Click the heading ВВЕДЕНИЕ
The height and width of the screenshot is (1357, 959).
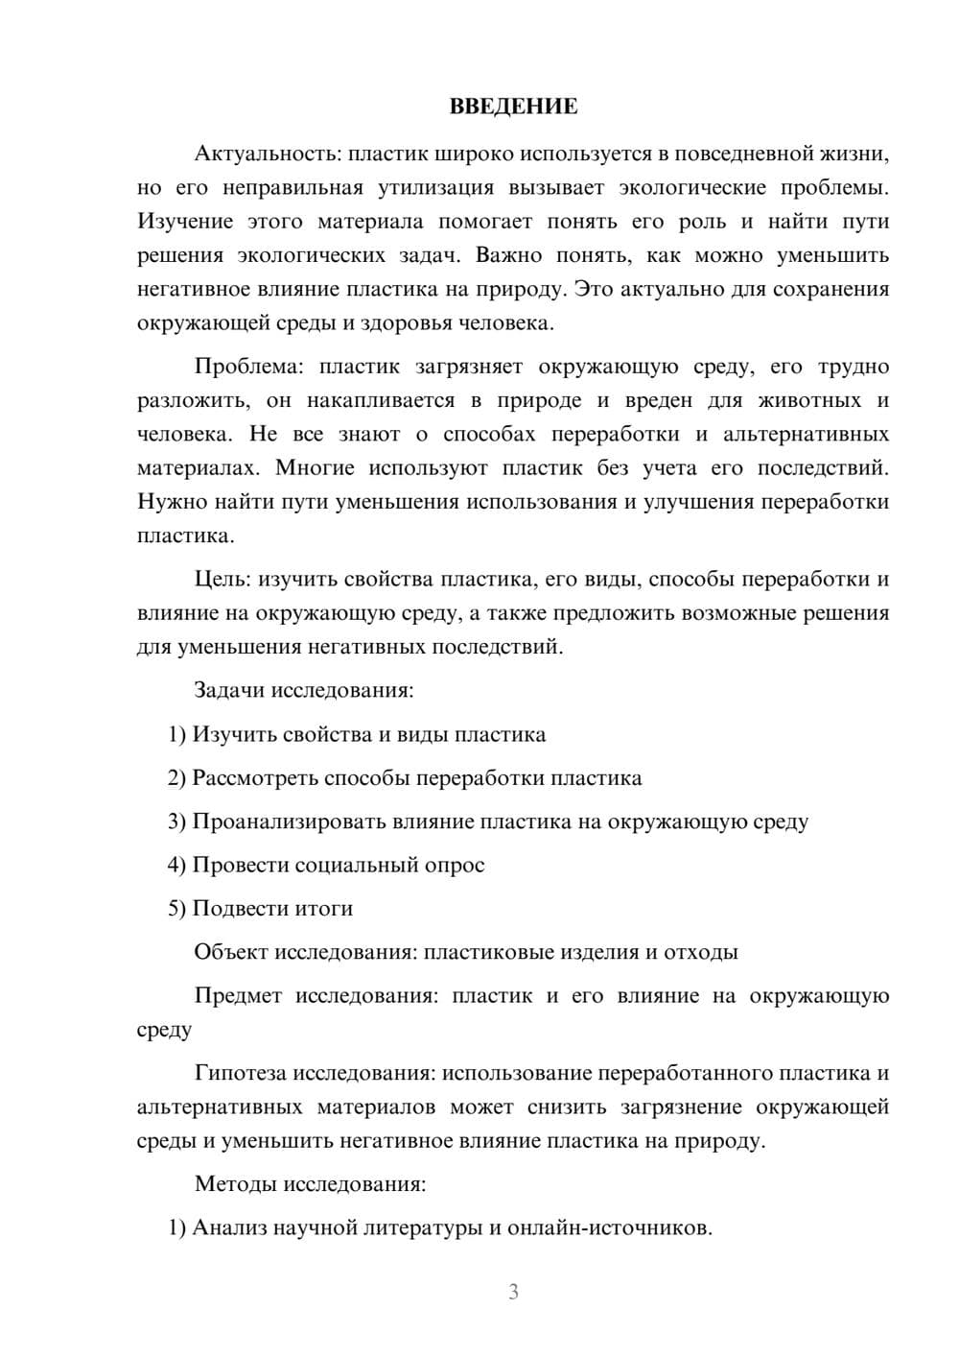click(513, 107)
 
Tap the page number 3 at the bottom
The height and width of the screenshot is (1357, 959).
click(513, 1292)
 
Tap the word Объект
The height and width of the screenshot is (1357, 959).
click(231, 952)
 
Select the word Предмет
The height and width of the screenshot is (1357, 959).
click(238, 995)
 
